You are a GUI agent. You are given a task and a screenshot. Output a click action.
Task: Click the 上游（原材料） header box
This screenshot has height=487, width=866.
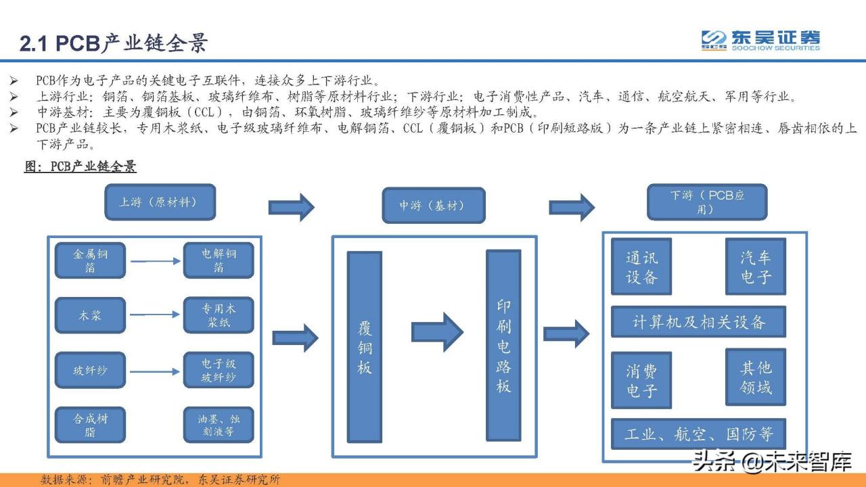click(x=160, y=202)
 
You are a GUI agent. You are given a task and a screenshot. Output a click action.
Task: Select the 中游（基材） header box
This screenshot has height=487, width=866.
click(x=433, y=205)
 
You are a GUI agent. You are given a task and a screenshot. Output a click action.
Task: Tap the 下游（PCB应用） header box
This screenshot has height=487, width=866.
click(x=707, y=202)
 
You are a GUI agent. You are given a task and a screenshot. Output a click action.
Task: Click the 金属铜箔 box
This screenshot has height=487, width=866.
click(x=90, y=260)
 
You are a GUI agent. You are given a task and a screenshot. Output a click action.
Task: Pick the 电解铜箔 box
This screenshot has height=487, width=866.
click(x=219, y=260)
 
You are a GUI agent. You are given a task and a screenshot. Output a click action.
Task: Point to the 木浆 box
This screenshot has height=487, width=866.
click(x=90, y=315)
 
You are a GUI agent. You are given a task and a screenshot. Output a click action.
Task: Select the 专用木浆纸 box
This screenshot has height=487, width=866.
click(x=219, y=315)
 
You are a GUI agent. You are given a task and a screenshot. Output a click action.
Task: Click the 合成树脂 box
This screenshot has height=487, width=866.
click(x=90, y=425)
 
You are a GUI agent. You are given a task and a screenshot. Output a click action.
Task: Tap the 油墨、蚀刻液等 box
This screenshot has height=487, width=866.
click(x=219, y=425)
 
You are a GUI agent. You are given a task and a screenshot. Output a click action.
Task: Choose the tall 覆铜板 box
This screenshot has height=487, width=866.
click(x=365, y=347)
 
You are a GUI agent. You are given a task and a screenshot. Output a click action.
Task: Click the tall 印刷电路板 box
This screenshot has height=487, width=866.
click(x=503, y=346)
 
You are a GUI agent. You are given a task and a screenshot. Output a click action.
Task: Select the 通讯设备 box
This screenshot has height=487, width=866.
click(x=641, y=266)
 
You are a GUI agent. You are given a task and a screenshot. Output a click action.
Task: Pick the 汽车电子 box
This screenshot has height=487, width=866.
click(x=755, y=266)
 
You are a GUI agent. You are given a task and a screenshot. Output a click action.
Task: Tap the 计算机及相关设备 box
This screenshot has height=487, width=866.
click(x=698, y=322)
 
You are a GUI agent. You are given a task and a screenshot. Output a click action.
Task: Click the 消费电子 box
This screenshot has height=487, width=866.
click(x=641, y=380)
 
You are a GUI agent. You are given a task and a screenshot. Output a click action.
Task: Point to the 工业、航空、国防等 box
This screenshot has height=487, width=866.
click(x=698, y=434)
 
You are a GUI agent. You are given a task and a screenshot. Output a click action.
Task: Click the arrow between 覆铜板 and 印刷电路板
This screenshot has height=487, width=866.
click(x=437, y=332)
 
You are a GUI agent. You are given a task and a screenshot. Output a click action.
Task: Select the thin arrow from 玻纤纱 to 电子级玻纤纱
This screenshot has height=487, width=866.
click(x=155, y=371)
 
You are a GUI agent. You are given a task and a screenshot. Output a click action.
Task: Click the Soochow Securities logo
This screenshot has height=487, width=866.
click(x=760, y=41)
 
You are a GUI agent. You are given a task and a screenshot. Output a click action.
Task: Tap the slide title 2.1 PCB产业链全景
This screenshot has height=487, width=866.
click(x=113, y=43)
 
